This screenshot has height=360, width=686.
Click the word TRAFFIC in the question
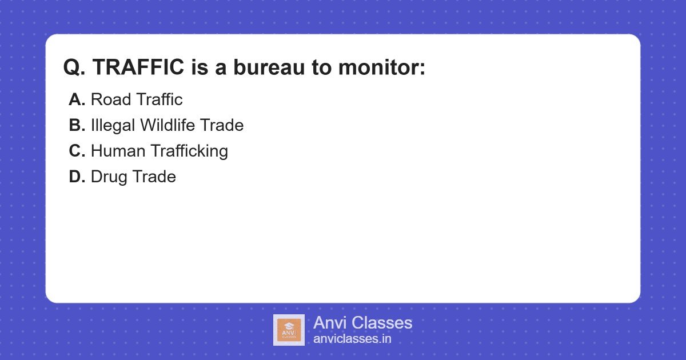pos(138,67)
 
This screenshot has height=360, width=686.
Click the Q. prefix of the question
pos(74,67)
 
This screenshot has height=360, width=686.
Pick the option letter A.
pos(77,99)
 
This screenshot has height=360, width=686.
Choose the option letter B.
pos(77,125)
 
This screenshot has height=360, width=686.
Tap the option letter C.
pos(77,151)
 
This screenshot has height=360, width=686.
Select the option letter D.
pos(77,177)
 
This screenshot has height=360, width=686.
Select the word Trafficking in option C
pos(189,151)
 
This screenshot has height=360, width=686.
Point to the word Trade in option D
pos(154,177)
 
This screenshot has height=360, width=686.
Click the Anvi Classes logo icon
pos(289,330)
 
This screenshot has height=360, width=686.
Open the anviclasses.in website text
pos(352,339)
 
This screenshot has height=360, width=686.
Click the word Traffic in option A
pos(159,99)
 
